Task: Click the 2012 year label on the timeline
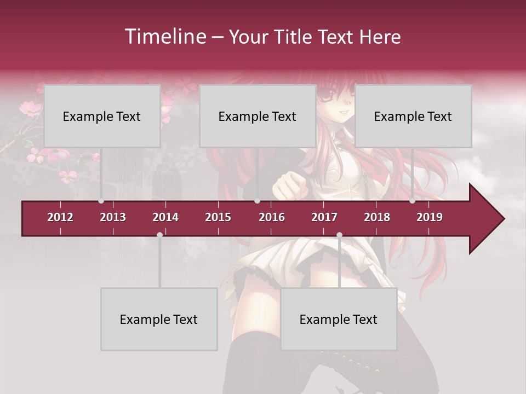(x=60, y=217)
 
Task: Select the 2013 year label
(x=113, y=217)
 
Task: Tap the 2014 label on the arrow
(x=165, y=217)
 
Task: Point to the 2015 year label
(x=218, y=217)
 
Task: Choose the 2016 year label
(x=272, y=217)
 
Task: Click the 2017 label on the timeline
(x=324, y=217)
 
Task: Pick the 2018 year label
(x=377, y=217)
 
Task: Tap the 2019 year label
(x=430, y=217)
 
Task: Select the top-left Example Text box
(x=102, y=116)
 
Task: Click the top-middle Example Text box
(x=258, y=116)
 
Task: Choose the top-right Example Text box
(x=413, y=116)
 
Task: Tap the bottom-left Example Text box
(x=159, y=319)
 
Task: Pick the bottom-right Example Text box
(x=339, y=319)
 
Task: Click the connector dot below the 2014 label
(x=159, y=235)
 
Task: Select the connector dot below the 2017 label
(x=339, y=235)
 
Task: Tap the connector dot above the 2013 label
(x=101, y=201)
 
